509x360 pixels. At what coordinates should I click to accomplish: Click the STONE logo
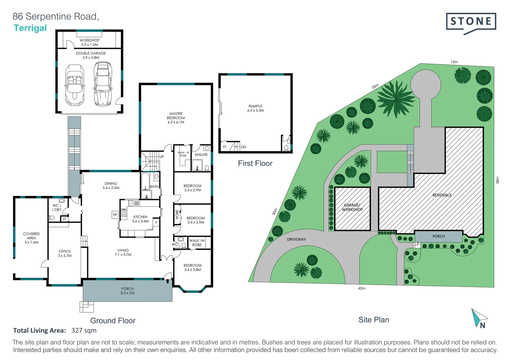[471, 22]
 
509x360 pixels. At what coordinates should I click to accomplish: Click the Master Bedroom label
[176, 118]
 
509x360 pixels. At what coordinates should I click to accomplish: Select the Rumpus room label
[255, 108]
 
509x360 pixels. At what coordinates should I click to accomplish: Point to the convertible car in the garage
[75, 85]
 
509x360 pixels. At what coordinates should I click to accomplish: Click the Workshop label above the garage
[89, 42]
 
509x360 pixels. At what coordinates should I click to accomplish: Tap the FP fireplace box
[115, 215]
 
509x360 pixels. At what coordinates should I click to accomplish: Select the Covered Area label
[31, 238]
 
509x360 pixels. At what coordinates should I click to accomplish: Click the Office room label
[65, 253]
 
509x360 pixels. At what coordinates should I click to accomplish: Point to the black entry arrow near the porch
[168, 281]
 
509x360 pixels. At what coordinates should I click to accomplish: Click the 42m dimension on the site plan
[361, 288]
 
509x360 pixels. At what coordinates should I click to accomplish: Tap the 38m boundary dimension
[498, 180]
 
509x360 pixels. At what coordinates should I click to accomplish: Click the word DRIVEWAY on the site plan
[296, 239]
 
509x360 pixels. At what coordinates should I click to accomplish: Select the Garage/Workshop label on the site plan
[352, 207]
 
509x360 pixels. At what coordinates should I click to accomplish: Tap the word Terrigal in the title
[30, 28]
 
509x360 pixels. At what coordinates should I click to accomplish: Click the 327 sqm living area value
[84, 330]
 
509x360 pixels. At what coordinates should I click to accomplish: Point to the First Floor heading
[255, 163]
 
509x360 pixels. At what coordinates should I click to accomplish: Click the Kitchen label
[140, 219]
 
